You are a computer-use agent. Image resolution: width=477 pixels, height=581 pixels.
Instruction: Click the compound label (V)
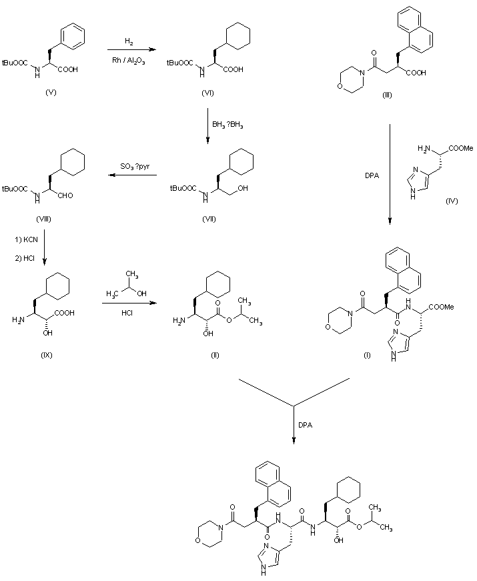(x=51, y=92)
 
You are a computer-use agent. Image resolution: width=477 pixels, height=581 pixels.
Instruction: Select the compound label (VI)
(x=207, y=92)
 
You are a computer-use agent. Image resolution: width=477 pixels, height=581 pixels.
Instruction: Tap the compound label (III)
(x=387, y=95)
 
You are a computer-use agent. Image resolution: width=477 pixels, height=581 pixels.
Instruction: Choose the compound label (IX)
(x=46, y=355)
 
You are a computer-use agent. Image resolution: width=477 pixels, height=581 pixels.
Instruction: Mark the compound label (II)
(x=215, y=355)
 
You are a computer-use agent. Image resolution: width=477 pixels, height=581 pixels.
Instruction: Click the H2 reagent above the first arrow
(x=127, y=41)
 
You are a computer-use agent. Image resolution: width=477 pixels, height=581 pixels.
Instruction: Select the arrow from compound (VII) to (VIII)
(x=134, y=176)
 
